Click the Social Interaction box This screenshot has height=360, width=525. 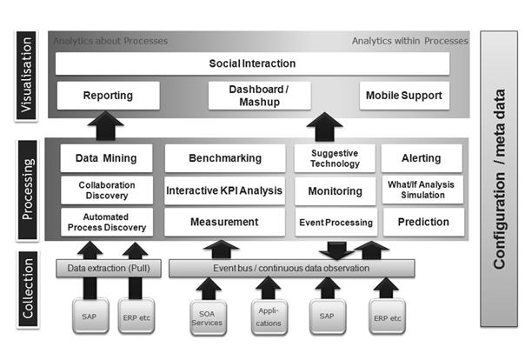tap(252, 63)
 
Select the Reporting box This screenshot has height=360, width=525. tap(107, 96)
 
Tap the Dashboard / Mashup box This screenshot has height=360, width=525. tap(251, 96)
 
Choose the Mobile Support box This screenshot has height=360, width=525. tap(404, 96)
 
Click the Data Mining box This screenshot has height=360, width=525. tap(106, 158)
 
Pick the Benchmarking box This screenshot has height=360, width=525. tap(225, 158)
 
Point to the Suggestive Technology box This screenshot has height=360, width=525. tap(335, 158)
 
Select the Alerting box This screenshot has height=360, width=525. tap(422, 158)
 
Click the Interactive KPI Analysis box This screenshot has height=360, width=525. tap(225, 190)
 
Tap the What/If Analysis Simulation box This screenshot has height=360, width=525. tap(422, 190)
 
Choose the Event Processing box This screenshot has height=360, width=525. tap(336, 222)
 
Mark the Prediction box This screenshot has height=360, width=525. tap(422, 222)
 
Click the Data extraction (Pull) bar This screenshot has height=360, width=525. tap(106, 269)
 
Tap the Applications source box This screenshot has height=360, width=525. tap(268, 317)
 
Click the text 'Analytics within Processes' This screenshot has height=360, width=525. tap(409, 41)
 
